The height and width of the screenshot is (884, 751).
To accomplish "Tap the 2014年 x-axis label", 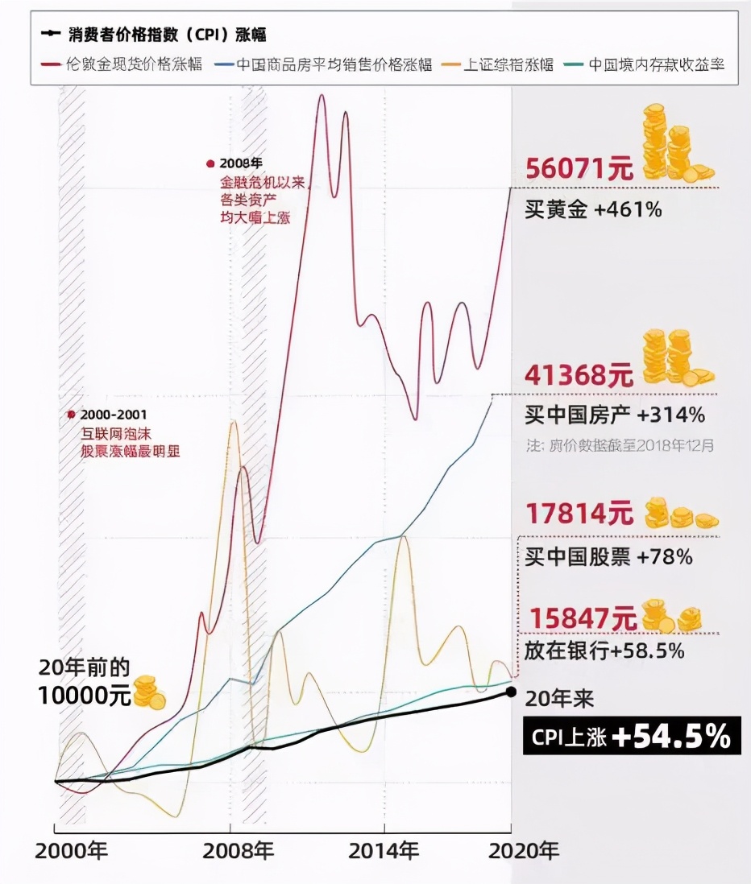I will point(384,852).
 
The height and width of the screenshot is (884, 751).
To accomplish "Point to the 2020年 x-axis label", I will point(523,852).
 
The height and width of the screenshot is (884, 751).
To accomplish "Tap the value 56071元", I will point(579,169).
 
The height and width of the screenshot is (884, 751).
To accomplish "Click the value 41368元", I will point(579,375).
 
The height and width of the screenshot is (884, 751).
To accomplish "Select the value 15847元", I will point(579,618).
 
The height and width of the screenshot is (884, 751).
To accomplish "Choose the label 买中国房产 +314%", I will point(615,416).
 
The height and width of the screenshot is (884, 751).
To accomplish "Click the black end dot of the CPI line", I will point(512,692).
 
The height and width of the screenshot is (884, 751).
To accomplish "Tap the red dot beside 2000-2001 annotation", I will point(72,414).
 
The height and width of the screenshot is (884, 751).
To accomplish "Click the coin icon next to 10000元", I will point(149,693).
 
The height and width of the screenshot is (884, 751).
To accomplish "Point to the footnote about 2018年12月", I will point(620,444).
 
